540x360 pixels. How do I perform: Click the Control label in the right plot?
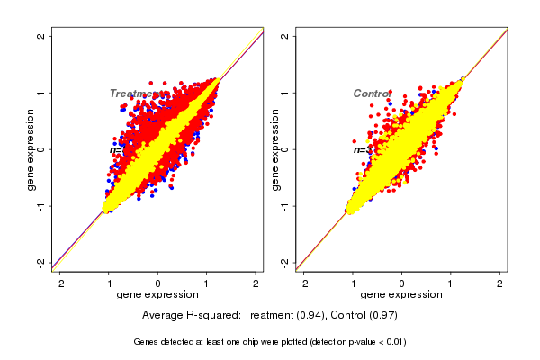(x=371, y=94)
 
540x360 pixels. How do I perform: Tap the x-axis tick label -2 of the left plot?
(x=59, y=283)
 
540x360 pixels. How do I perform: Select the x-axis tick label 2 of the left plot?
(x=256, y=283)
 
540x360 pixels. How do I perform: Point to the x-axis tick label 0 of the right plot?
(x=401, y=283)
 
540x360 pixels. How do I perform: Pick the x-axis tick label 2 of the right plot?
(x=499, y=283)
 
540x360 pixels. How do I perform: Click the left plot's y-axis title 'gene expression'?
(x=31, y=149)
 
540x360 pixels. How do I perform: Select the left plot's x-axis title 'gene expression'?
(x=157, y=295)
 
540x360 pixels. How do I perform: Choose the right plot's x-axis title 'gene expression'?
(x=401, y=295)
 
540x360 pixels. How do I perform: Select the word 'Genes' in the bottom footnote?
(x=147, y=342)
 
